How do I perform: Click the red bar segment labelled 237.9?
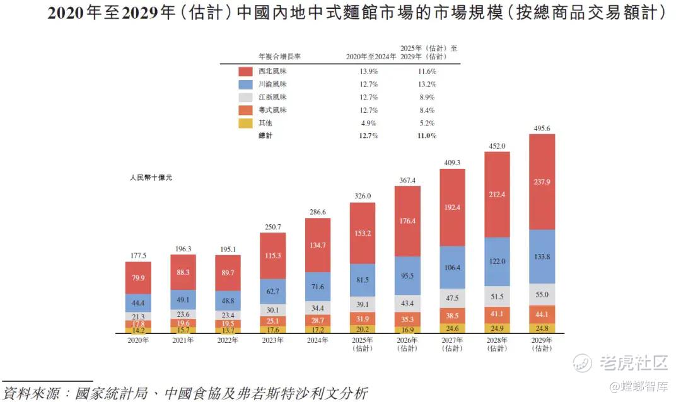[542, 181]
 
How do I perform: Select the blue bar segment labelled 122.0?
[497, 261]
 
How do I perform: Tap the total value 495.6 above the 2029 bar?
[542, 128]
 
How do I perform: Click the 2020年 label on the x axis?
[138, 340]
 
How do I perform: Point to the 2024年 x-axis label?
[318, 340]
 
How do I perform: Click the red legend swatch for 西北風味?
[247, 72]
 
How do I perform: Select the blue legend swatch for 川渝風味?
[247, 84]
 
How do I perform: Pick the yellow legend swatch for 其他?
[247, 123]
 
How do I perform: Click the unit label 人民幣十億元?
[151, 178]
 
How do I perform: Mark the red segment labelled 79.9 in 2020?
[138, 278]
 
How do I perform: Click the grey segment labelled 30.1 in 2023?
[273, 310]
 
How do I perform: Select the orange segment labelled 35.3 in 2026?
[407, 319]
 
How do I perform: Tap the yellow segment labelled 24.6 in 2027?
[452, 328]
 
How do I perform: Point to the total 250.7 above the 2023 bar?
[273, 227]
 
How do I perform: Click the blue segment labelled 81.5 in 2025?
[363, 280]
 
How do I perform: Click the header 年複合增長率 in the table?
[279, 56]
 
